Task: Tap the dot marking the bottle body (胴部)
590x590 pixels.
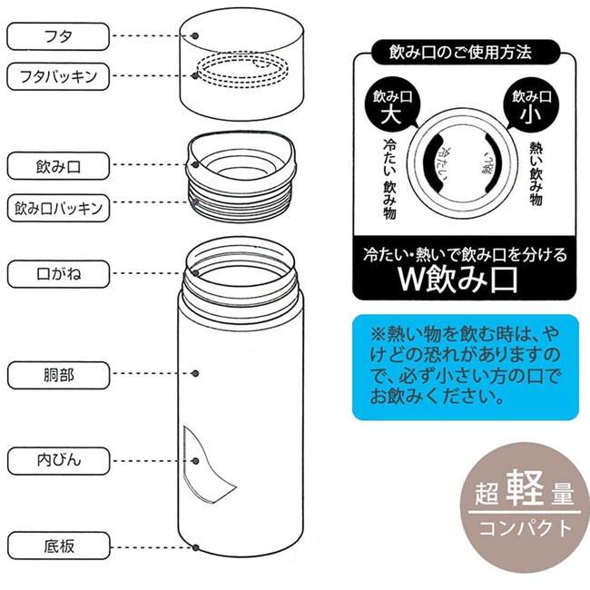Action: point(195,373)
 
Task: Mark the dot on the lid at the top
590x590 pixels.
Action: point(195,35)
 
